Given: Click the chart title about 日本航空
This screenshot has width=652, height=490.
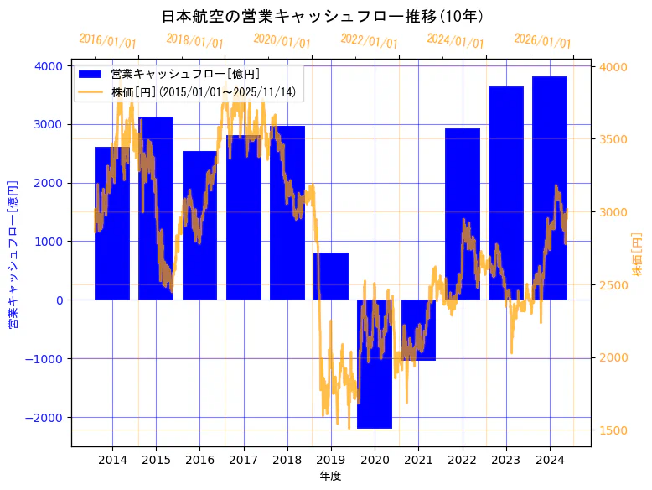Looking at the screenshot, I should click(x=323, y=17).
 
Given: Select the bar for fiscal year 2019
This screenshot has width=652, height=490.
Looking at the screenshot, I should click(x=331, y=276).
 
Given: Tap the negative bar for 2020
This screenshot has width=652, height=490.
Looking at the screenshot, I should click(x=375, y=364).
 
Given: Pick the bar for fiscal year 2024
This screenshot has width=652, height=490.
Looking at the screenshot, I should click(x=550, y=188).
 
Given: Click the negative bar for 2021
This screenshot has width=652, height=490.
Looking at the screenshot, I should click(x=418, y=330).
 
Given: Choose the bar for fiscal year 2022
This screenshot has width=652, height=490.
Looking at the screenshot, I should click(x=463, y=214).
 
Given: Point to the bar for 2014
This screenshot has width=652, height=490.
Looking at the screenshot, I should click(x=112, y=223).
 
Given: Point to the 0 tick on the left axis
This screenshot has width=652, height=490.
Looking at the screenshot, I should click(x=58, y=300).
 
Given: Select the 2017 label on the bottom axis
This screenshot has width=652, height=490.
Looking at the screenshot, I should click(x=243, y=460).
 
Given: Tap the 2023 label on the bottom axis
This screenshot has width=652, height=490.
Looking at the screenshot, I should click(x=505, y=460).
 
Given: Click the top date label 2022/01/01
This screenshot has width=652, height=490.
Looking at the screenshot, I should click(x=369, y=41).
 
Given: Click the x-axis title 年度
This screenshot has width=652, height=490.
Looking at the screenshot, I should click(x=331, y=477).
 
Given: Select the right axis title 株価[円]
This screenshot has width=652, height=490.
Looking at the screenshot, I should click(x=637, y=255).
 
